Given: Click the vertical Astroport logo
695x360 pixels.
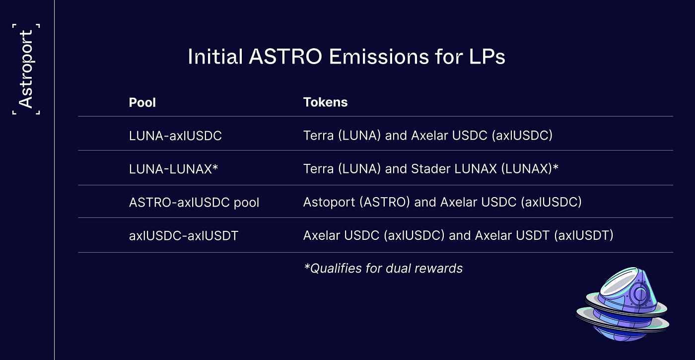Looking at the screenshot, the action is coord(26,69).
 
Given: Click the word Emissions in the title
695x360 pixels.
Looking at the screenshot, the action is coord(379,57).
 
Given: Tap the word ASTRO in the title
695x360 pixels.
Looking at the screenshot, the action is coord(285,57).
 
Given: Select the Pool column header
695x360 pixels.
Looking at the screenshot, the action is coord(142,102).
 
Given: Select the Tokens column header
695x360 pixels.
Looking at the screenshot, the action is coord(325,102).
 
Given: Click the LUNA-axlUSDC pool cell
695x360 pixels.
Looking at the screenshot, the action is coord(175,136).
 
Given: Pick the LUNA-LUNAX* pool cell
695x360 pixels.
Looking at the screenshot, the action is coord(173,169).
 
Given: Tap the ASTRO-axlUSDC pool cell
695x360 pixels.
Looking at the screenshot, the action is coord(194,203).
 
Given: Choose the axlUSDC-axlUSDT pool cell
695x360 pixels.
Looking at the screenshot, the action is coord(183,235).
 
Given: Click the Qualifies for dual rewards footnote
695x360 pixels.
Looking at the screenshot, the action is coord(383,269).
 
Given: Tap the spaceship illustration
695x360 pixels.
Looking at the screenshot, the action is coord(623,304).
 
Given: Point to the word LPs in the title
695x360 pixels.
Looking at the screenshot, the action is coord(486,57).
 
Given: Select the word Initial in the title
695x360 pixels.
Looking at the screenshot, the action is coord(215,57).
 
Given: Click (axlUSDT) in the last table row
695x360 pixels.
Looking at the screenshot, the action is coord(584,235).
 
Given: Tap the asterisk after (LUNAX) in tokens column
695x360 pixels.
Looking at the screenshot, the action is coord(556,167).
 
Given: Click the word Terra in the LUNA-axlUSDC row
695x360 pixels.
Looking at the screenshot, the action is coord(318,135).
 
